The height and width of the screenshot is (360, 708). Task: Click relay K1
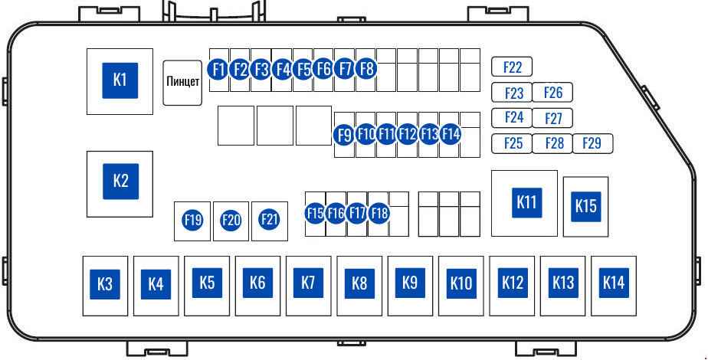tap(120, 79)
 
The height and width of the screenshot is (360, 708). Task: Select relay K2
tap(120, 181)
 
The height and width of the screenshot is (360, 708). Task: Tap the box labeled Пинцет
tap(182, 82)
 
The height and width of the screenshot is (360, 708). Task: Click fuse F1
tap(218, 69)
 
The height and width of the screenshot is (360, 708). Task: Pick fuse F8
tap(366, 69)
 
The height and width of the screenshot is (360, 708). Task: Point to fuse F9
tap(345, 135)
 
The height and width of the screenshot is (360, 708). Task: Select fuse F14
tap(451, 134)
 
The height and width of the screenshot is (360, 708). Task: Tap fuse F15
tap(315, 213)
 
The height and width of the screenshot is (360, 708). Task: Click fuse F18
tap(379, 213)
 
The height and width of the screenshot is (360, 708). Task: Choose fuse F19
tap(192, 221)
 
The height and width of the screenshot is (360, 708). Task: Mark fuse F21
tap(269, 220)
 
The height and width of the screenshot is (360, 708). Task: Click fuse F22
tap(512, 67)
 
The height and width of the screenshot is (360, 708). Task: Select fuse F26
tap(552, 93)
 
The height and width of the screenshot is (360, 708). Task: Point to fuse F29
tap(592, 143)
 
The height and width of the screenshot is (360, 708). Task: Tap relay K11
tap(525, 202)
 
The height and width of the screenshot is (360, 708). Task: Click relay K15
tap(585, 205)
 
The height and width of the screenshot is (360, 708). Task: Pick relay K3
tap(105, 285)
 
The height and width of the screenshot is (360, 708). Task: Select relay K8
tap(359, 283)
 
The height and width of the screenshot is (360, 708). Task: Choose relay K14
tap(613, 282)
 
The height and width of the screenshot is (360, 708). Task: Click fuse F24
tap(513, 117)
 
